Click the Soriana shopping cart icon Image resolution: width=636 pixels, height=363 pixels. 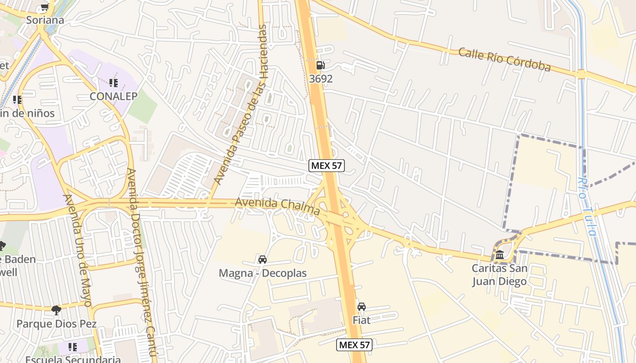click(45, 7)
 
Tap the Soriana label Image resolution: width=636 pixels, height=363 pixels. click(45, 20)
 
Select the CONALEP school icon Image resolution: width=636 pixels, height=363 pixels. click(113, 83)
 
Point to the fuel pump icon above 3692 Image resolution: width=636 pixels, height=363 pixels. click(320, 65)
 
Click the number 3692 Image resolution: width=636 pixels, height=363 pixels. click(321, 78)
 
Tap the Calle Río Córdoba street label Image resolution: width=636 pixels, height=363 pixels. click(504, 59)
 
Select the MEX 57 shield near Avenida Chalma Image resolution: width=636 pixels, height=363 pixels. click(326, 166)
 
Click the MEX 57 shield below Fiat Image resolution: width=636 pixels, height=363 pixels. click(354, 345)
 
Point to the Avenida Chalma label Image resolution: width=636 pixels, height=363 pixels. click(277, 206)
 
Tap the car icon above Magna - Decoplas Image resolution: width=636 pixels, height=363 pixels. click(262, 260)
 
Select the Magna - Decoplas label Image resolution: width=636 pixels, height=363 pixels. click(263, 273)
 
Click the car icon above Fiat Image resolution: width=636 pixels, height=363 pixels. click(362, 307)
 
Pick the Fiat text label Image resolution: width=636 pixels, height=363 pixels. click(362, 320)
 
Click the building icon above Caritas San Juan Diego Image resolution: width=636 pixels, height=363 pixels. click(500, 255)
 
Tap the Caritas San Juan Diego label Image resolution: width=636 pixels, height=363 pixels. click(500, 275)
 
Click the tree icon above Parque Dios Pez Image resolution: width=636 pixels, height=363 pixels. click(56, 310)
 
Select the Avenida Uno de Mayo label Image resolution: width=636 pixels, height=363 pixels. click(78, 250)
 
